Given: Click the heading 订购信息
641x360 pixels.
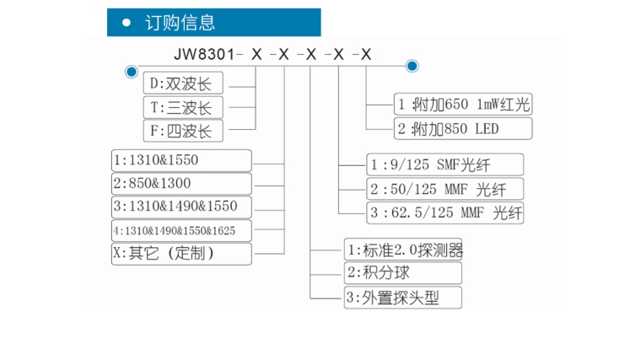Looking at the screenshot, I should (x=180, y=23).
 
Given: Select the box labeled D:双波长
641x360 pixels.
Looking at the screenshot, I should (x=184, y=83).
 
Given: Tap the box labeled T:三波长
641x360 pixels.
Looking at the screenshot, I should (x=184, y=107).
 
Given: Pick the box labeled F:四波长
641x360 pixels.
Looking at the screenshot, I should (x=184, y=131).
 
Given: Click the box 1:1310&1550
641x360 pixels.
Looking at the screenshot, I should (x=181, y=159).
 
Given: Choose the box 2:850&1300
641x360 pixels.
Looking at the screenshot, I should (x=181, y=183).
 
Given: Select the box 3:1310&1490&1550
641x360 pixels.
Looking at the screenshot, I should (x=181, y=207).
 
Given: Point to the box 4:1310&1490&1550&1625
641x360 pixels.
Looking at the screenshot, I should (x=181, y=230).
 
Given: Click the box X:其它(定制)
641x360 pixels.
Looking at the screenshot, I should (x=181, y=253).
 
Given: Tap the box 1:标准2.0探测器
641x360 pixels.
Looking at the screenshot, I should (x=403, y=250).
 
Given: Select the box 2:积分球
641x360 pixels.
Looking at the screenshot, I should (x=403, y=273).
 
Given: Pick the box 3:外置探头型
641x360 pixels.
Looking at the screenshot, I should (x=403, y=297).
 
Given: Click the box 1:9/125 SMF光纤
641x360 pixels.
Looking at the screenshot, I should (x=444, y=164).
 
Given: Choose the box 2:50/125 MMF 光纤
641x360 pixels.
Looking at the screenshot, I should (x=444, y=188).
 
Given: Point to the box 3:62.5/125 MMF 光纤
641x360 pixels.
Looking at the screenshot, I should (x=444, y=212).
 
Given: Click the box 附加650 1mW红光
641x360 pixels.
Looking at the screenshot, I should (x=463, y=104).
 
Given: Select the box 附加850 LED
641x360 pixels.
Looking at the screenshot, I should (x=463, y=128).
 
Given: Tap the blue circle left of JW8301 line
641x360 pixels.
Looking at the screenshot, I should (x=131, y=71).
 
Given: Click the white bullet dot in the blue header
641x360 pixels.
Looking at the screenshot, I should (x=127, y=23).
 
